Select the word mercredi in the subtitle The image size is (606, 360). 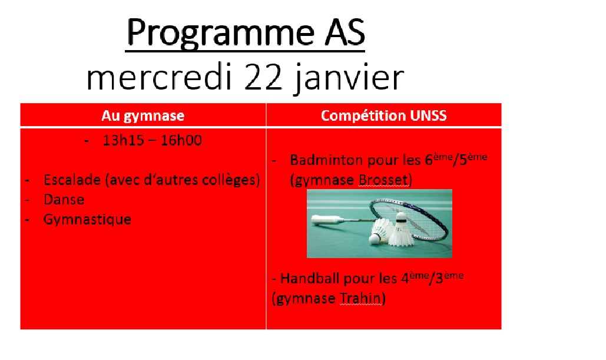pos(159,77)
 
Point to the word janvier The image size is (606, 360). pos(349,79)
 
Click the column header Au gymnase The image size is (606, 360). pos(143,115)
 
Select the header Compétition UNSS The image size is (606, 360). pos(384,115)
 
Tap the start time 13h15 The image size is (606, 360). pos(123,140)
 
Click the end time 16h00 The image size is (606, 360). pos(181,140)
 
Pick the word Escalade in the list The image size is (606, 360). pos(72,180)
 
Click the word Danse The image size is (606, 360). pos(64,200)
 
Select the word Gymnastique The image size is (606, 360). pos(87,220)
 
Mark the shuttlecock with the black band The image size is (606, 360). pos(400,229)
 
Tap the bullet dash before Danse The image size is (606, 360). pos(27,200)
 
